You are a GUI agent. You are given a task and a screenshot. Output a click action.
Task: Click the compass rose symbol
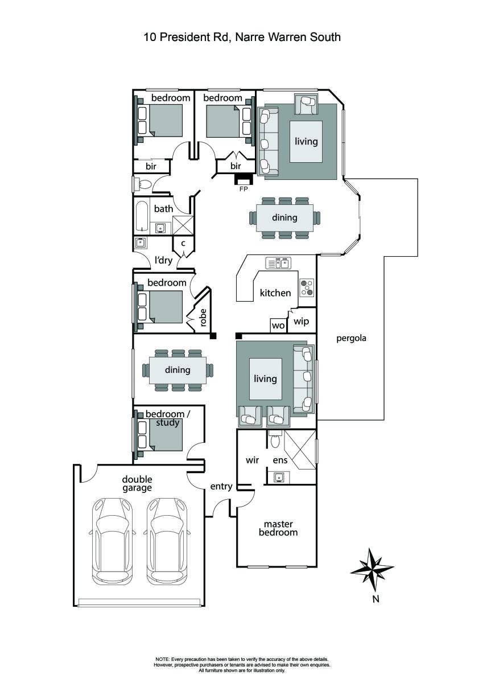click(x=372, y=570)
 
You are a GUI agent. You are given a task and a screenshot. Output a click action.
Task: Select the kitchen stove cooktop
click(x=307, y=287)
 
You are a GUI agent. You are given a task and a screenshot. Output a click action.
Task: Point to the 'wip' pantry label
click(x=301, y=322)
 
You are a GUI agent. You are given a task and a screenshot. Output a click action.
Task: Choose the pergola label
click(x=350, y=338)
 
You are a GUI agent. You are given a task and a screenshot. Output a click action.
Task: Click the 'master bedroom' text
click(x=278, y=528)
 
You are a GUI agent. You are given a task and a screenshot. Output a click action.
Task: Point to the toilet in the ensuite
click(x=276, y=439)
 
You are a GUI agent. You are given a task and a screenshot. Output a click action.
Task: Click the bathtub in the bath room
click(x=141, y=216)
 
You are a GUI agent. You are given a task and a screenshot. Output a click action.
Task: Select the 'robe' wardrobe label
click(x=203, y=318)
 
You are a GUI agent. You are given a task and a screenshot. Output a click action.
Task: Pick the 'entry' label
click(x=221, y=486)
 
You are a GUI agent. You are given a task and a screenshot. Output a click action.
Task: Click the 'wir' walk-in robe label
click(x=252, y=460)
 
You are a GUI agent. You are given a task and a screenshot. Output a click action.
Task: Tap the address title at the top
click(x=242, y=38)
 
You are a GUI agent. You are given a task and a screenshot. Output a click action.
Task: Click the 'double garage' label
click(x=137, y=483)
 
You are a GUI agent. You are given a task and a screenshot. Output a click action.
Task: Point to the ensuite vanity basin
click(x=279, y=477)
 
